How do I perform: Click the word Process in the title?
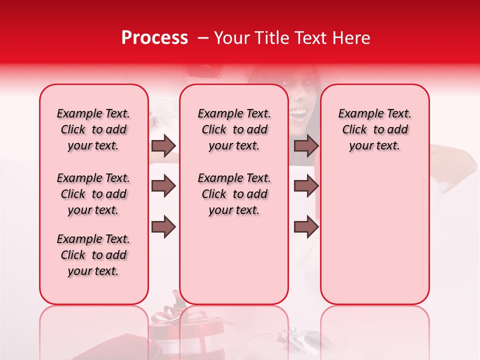[x=154, y=38]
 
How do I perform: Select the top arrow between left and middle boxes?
[x=163, y=145]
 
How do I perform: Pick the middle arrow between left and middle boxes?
[x=163, y=186]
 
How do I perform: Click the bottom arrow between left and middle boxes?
[x=163, y=227]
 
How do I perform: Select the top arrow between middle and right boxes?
[x=306, y=145]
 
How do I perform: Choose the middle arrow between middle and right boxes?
[x=306, y=186]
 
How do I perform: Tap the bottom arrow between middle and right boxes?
[x=306, y=227]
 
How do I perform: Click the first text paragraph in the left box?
[x=93, y=129]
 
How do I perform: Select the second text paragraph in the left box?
[x=93, y=194]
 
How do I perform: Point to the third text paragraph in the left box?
[x=93, y=255]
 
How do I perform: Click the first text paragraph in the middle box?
[x=234, y=129]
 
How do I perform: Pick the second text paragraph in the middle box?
[x=234, y=194]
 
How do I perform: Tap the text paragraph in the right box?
[x=374, y=129]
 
